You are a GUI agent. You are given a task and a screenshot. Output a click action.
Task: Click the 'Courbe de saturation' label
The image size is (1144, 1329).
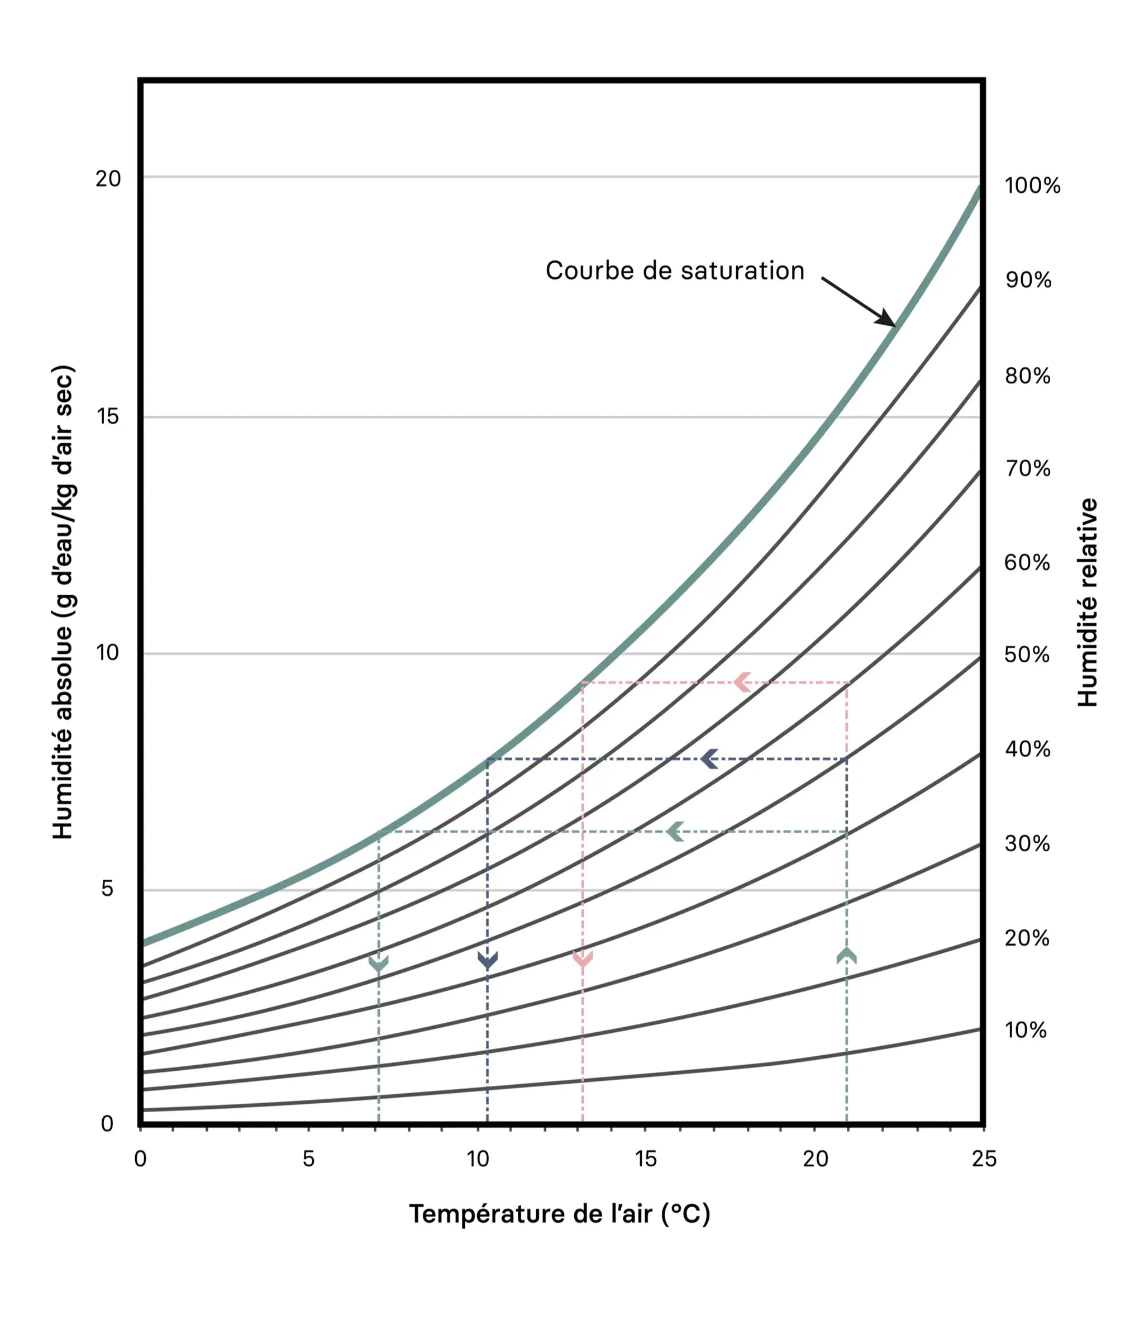tap(675, 270)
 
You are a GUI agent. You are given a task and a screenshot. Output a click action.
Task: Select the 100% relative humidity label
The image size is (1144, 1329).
tap(1032, 186)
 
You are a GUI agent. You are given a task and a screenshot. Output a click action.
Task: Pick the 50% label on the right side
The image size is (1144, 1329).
tap(1027, 655)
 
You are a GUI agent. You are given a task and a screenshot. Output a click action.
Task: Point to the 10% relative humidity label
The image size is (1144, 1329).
tap(1026, 1030)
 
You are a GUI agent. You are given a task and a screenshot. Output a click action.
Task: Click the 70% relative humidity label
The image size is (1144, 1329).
tap(1028, 469)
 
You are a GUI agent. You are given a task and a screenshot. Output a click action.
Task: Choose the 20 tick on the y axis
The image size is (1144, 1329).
tap(108, 179)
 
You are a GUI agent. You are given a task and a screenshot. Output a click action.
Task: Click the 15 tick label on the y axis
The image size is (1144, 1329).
tap(108, 417)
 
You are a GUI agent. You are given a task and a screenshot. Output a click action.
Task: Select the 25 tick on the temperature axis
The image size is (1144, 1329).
tap(984, 1159)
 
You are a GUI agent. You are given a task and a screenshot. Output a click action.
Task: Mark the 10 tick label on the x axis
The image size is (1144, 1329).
tap(478, 1159)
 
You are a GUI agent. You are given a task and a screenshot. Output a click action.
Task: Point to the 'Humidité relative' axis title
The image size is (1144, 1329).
tap(1088, 602)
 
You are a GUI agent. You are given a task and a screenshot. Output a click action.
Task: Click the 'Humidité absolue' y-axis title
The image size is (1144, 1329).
tap(63, 602)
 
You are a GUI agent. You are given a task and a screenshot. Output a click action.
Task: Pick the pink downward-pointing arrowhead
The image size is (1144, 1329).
tap(582, 960)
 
